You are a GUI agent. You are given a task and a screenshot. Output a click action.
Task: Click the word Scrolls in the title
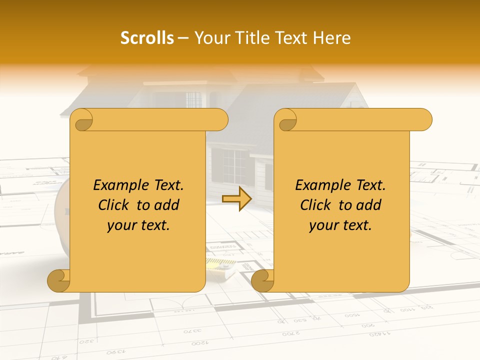tap(147, 38)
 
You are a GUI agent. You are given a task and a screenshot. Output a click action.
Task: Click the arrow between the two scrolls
tap(237, 198)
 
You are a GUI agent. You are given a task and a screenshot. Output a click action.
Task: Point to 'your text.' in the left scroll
tap(138, 225)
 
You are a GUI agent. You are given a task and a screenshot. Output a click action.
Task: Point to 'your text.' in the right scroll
tap(340, 225)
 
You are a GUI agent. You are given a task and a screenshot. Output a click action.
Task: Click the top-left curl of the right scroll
tap(287, 120)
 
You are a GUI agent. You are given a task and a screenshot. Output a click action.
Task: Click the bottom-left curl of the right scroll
tap(263, 280)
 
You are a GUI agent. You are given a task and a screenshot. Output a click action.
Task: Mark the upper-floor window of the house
tap(193, 99)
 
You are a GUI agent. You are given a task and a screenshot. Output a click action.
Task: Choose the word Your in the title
tap(208, 38)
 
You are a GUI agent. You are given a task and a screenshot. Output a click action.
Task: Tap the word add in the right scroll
tap(369, 205)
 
